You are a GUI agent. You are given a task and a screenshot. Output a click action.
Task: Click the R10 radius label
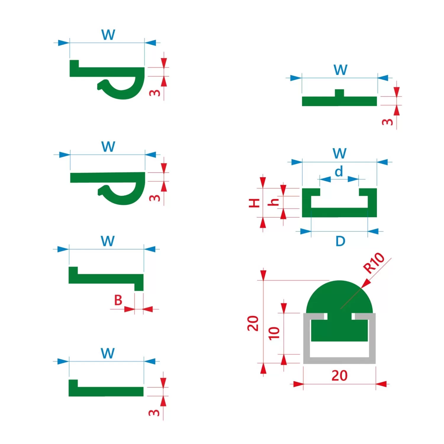pyautogui.click(x=374, y=263)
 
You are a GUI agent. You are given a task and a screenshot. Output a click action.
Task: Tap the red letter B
pyautogui.click(x=118, y=300)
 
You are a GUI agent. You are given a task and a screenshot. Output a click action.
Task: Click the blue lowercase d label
pyautogui.click(x=339, y=171)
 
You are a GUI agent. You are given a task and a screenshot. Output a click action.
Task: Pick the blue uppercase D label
pyautogui.click(x=340, y=241)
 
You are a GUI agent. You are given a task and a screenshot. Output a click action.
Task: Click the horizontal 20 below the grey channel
pyautogui.click(x=339, y=375)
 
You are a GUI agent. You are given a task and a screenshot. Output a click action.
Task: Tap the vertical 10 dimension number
pyautogui.click(x=274, y=333)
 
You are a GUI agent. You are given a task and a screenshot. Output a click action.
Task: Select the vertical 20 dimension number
pyautogui.click(x=253, y=323)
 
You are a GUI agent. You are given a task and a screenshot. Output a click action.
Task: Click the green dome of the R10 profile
pyautogui.click(x=339, y=296)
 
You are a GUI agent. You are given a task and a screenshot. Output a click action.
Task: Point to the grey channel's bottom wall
pyautogui.click(x=340, y=360)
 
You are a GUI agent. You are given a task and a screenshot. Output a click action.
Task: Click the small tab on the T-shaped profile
pyautogui.click(x=340, y=93)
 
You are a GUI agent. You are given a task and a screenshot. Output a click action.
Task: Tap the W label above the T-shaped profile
pyautogui.click(x=340, y=70)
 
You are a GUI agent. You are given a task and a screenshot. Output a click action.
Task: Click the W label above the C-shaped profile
pyautogui.click(x=340, y=153)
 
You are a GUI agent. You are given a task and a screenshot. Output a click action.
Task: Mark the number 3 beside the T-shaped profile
pyautogui.click(x=388, y=122)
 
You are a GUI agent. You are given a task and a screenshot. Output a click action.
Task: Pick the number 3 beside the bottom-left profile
pyautogui.click(x=154, y=413)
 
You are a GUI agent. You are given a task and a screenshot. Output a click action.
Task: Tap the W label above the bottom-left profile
pyautogui.click(x=107, y=353)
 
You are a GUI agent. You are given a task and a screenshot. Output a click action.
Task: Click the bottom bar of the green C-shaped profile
pyautogui.click(x=340, y=213)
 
